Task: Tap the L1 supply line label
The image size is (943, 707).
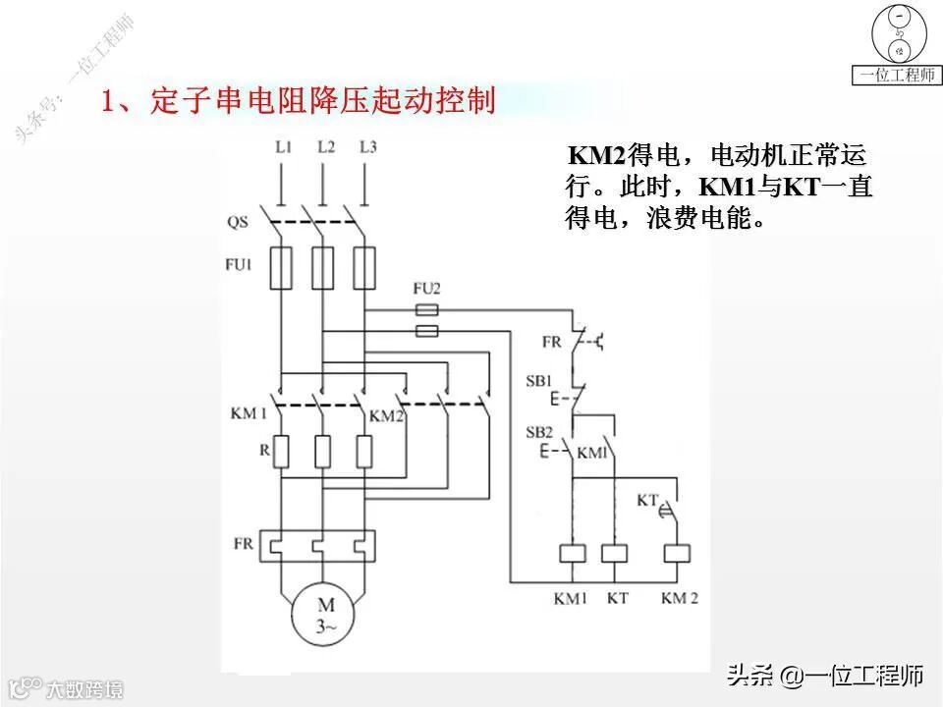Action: click(x=283, y=147)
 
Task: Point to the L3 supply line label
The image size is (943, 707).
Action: click(x=367, y=147)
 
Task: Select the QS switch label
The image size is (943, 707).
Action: click(x=238, y=222)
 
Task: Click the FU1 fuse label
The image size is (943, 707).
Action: click(x=241, y=264)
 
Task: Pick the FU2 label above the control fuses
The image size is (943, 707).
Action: click(x=426, y=288)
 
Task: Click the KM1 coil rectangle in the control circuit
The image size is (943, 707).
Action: click(x=572, y=553)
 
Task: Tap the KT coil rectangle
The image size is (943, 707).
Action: click(x=614, y=553)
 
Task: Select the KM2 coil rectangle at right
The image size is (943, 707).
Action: click(x=677, y=553)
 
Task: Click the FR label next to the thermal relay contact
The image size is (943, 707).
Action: click(x=551, y=342)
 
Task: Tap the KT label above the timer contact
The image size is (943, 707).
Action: click(x=646, y=501)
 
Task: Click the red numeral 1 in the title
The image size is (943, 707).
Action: click(x=110, y=101)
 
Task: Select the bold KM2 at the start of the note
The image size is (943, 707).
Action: click(x=596, y=157)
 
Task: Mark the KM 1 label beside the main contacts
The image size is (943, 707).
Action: click(x=250, y=414)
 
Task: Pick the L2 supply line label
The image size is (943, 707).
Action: click(x=326, y=147)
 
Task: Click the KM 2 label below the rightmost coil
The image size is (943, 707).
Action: click(x=680, y=597)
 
